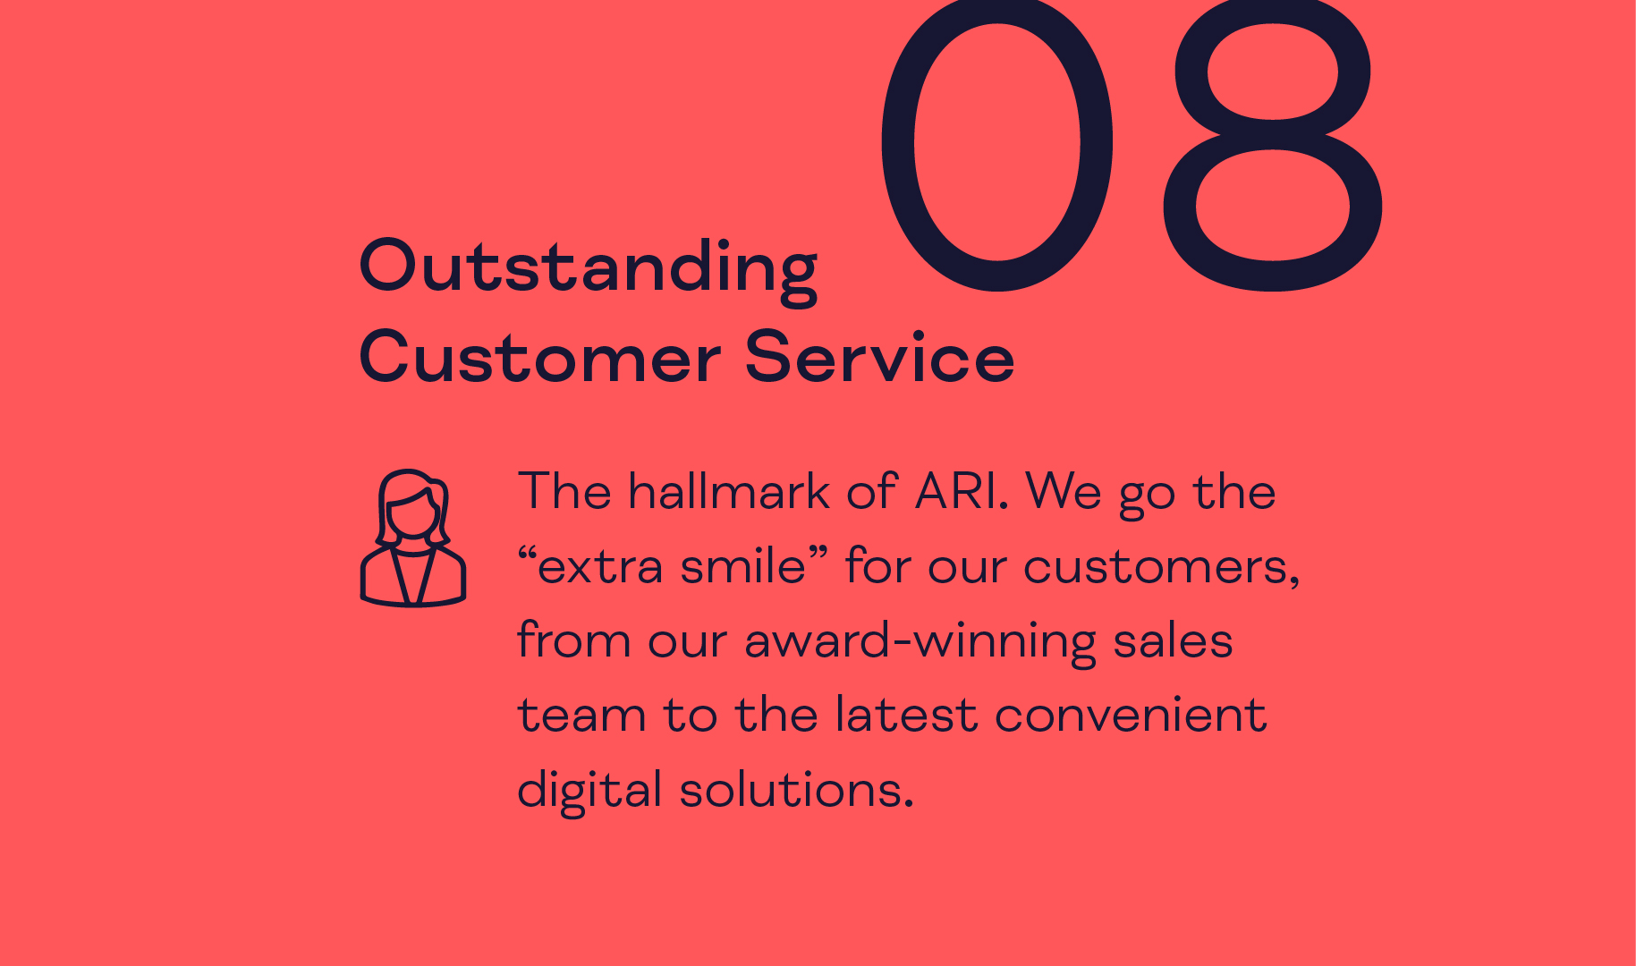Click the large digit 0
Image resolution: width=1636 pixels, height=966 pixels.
(x=898, y=143)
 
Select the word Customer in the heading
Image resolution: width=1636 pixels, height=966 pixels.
(x=539, y=358)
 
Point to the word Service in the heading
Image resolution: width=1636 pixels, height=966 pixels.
(x=879, y=358)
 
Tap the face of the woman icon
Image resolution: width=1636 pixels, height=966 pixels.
(x=412, y=516)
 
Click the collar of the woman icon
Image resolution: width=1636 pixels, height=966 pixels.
(x=412, y=572)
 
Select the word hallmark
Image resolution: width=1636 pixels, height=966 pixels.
(x=729, y=491)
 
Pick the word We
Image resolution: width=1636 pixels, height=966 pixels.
(x=1064, y=492)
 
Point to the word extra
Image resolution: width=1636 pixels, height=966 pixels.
(x=599, y=567)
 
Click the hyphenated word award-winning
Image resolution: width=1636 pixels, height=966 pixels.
(x=920, y=641)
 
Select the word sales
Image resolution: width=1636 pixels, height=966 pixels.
(x=1173, y=640)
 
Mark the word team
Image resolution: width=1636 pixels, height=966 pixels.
(x=581, y=716)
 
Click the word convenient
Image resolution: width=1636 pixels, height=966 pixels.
(x=1131, y=715)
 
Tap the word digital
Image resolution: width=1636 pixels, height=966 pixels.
(x=589, y=790)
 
